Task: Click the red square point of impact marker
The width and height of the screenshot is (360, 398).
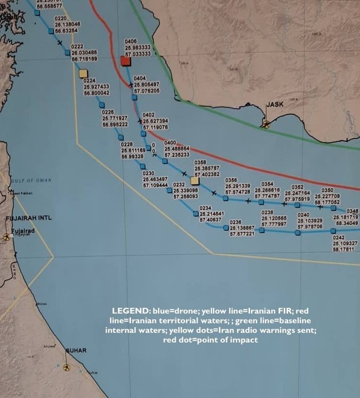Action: click(x=126, y=61)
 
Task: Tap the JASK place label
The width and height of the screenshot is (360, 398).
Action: click(x=275, y=104)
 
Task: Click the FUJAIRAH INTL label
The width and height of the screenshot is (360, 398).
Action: click(x=29, y=218)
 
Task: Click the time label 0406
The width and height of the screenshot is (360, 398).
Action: click(x=130, y=41)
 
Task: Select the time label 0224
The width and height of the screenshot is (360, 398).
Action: click(x=90, y=81)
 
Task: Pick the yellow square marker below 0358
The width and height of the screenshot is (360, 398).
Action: click(x=194, y=181)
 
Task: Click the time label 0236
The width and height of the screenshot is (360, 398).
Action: click(x=236, y=222)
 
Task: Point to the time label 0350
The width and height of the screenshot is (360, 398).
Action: click(x=327, y=190)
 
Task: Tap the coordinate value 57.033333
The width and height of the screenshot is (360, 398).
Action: click(x=137, y=53)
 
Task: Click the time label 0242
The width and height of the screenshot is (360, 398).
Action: click(x=338, y=237)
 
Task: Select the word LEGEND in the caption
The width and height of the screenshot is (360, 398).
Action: click(x=127, y=311)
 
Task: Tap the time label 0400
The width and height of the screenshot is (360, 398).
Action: click(x=170, y=143)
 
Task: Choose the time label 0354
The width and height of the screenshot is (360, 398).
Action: click(x=267, y=184)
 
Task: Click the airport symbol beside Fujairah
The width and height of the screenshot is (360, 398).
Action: click(x=6, y=236)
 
